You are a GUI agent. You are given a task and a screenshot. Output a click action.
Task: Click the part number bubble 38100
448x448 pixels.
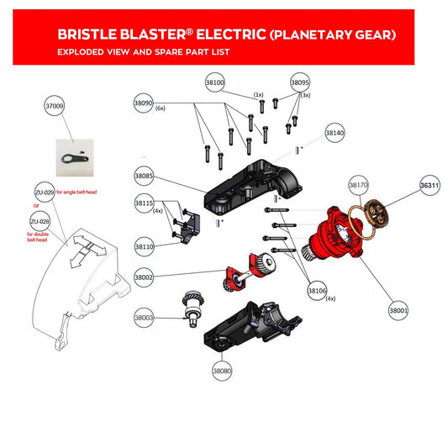click(215, 82)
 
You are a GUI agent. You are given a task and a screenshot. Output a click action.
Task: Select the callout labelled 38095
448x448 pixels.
click(300, 82)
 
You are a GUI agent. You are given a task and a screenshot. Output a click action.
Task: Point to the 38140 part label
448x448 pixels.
click(335, 134)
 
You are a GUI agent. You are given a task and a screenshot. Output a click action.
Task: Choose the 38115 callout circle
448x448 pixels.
click(144, 203)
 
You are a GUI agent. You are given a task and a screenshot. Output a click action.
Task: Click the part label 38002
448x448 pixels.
click(144, 277)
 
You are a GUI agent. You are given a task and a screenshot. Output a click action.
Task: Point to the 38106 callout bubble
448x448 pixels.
click(317, 291)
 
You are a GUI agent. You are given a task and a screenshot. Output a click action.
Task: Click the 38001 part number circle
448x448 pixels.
click(398, 311)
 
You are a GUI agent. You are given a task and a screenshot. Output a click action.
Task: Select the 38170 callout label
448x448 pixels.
click(359, 184)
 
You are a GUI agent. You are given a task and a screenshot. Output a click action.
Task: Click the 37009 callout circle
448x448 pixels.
click(55, 106)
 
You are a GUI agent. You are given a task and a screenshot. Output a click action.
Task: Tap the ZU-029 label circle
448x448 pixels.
click(45, 192)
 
